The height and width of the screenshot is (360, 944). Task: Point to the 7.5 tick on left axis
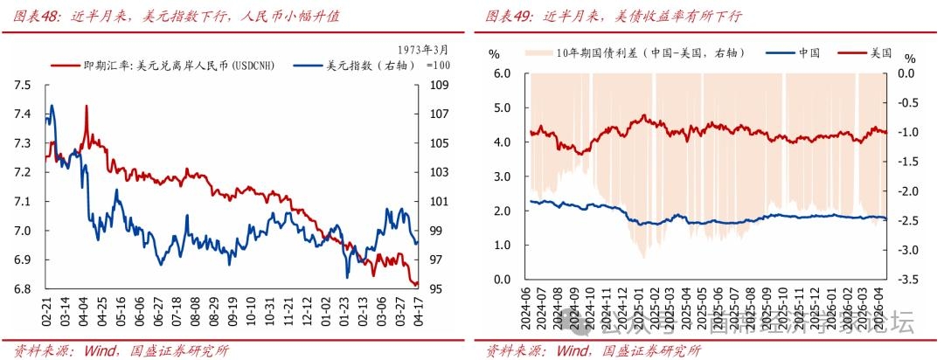click(x=23, y=85)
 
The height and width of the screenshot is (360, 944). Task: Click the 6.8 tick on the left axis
click(x=23, y=289)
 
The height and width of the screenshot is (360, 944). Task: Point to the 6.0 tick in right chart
click(x=501, y=73)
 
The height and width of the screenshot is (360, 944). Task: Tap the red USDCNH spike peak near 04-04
click(x=87, y=106)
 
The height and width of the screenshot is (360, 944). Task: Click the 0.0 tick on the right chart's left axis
click(x=501, y=280)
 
